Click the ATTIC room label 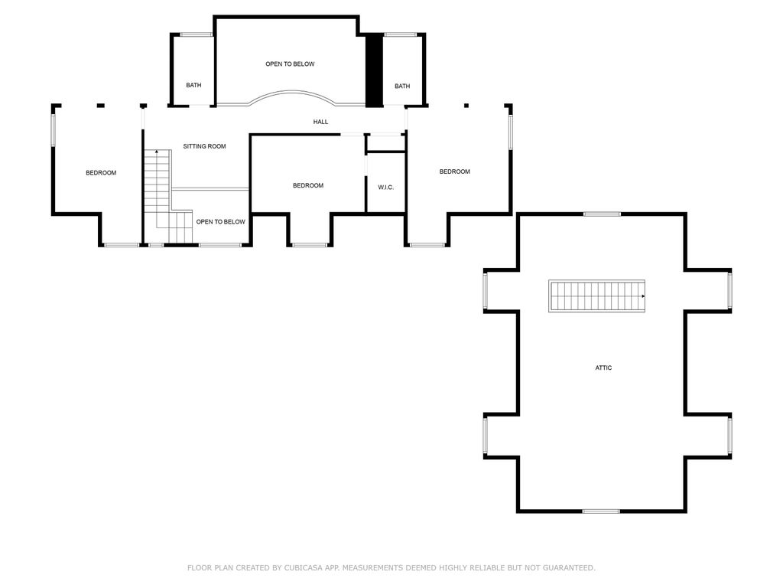click(x=603, y=367)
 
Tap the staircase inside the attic click(x=596, y=296)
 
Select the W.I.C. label click(x=385, y=188)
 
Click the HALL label click(x=320, y=122)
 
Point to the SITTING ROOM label click(x=204, y=146)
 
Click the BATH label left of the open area click(x=193, y=85)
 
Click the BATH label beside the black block click(x=402, y=87)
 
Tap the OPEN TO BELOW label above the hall click(x=290, y=64)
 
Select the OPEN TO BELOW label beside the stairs click(x=220, y=222)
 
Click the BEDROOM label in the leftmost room click(x=101, y=173)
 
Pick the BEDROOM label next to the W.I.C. click(x=308, y=186)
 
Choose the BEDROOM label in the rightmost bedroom click(x=454, y=171)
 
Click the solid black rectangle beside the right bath click(x=373, y=70)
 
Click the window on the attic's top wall click(x=602, y=214)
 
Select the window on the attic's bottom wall click(x=601, y=511)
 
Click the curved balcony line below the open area click(x=290, y=93)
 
